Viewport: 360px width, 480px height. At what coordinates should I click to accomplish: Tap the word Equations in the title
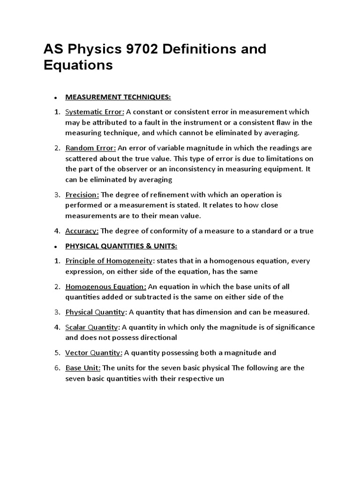[78, 65]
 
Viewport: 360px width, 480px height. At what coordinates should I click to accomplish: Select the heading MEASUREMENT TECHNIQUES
[118, 97]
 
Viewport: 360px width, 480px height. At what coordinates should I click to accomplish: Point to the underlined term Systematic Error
[95, 112]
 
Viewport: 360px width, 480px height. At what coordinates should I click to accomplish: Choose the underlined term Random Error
[90, 148]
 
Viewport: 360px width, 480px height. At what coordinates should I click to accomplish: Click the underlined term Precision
[82, 195]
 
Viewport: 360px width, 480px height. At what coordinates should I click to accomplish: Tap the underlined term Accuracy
[82, 231]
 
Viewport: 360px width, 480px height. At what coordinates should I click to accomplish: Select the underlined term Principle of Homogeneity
[109, 261]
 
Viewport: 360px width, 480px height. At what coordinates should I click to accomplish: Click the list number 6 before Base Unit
[56, 368]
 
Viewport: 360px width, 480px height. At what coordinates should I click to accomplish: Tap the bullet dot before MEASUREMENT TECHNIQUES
[55, 98]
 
